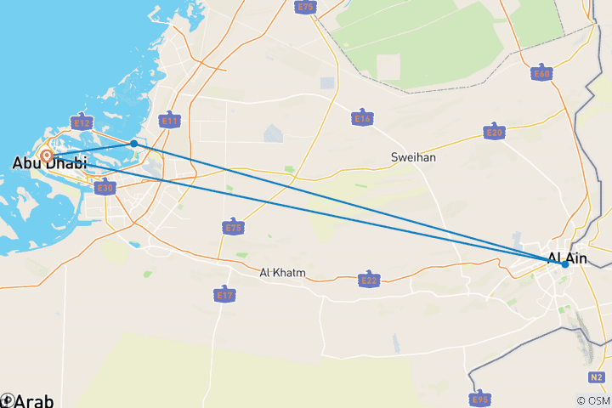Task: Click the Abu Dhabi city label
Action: click(x=50, y=163)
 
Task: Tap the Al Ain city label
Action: click(x=567, y=257)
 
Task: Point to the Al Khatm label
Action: click(x=283, y=273)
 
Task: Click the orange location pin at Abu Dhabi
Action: click(x=46, y=156)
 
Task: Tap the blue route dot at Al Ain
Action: click(x=564, y=264)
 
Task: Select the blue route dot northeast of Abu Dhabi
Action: click(x=134, y=144)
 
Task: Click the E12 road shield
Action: click(x=82, y=122)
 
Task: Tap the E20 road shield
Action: click(x=494, y=133)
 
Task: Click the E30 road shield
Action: click(x=105, y=188)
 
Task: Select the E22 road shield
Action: click(x=369, y=280)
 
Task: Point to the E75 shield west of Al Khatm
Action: click(x=233, y=227)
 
